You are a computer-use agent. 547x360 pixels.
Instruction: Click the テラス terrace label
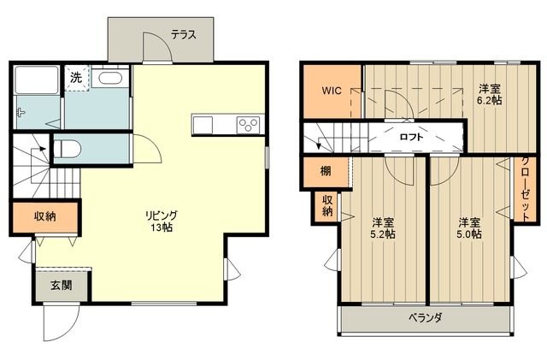tap(184, 34)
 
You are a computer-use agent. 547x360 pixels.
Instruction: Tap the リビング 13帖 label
tap(162, 221)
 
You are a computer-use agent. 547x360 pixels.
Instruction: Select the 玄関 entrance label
tap(62, 286)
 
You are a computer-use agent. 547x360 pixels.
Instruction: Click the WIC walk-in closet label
tap(332, 91)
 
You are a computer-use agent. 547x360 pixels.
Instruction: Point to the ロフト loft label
tap(411, 137)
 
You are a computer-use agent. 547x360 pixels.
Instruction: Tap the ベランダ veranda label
tap(426, 318)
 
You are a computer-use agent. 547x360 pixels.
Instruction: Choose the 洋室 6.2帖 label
tap(490, 94)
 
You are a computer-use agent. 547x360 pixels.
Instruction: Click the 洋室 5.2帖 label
tap(383, 228)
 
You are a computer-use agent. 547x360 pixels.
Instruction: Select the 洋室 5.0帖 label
tap(469, 228)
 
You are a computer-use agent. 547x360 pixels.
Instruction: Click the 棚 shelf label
tap(326, 171)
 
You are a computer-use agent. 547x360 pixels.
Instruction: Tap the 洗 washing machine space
tap(77, 78)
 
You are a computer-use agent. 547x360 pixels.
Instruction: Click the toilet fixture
tap(68, 149)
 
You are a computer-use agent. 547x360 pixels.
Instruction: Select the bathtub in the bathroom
tap(36, 80)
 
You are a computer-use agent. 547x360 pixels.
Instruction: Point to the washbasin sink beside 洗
tap(109, 78)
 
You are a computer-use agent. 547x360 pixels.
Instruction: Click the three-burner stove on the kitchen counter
tap(248, 125)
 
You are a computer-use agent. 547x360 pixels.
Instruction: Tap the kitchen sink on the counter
tap(203, 125)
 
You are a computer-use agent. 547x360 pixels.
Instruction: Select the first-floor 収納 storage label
tap(45, 216)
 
